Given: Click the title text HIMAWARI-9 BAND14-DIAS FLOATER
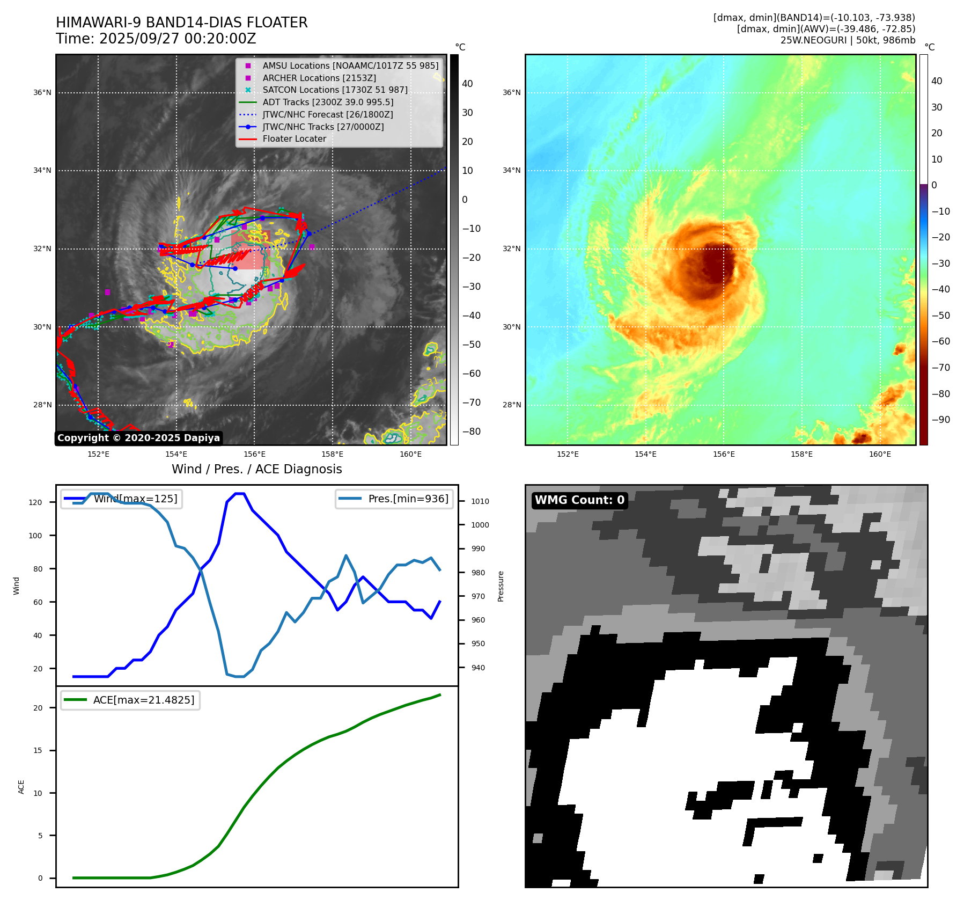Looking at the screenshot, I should tap(181, 23).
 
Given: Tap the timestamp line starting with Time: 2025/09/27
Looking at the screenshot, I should tap(156, 39).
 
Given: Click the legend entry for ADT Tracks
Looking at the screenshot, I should tap(328, 102).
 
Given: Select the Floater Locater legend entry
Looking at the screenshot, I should tap(294, 138).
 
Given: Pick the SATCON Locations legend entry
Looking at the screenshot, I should tap(335, 90).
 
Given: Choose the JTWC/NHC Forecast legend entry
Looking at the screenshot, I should tap(327, 114).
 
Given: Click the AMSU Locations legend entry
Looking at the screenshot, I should tap(350, 65).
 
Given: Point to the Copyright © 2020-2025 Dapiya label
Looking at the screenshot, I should tap(138, 438).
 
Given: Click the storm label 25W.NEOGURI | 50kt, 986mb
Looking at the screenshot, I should tap(848, 40).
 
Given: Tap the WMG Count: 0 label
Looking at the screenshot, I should tap(579, 500).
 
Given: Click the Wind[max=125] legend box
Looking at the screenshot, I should tap(121, 499).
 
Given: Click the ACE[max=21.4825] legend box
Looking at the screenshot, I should tap(130, 700).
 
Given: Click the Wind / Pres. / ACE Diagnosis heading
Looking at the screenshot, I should tap(256, 469).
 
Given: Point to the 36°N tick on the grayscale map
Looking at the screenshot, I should tap(42, 92).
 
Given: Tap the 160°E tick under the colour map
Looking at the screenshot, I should tap(880, 454).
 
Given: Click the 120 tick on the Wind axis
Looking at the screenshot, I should tap(35, 502).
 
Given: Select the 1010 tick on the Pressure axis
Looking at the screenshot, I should tap(480, 501).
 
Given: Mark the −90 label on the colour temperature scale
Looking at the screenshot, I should tap(940, 420).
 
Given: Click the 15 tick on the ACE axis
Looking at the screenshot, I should tap(38, 750).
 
